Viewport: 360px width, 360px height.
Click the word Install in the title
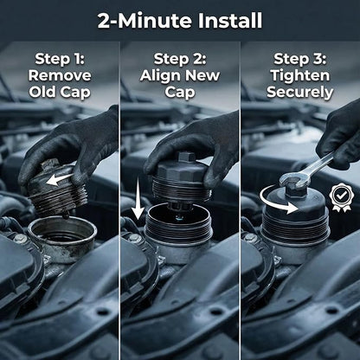[230, 21]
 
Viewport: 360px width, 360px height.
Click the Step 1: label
[60, 59]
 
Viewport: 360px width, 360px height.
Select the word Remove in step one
[60, 75]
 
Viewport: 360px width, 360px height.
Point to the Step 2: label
[180, 59]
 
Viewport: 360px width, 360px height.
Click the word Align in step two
[160, 76]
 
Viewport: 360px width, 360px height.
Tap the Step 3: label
[300, 59]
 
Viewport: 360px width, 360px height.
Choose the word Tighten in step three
[300, 75]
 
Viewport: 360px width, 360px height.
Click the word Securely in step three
[300, 93]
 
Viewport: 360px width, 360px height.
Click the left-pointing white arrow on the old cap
[60, 179]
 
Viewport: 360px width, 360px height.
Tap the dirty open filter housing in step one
[63, 231]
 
